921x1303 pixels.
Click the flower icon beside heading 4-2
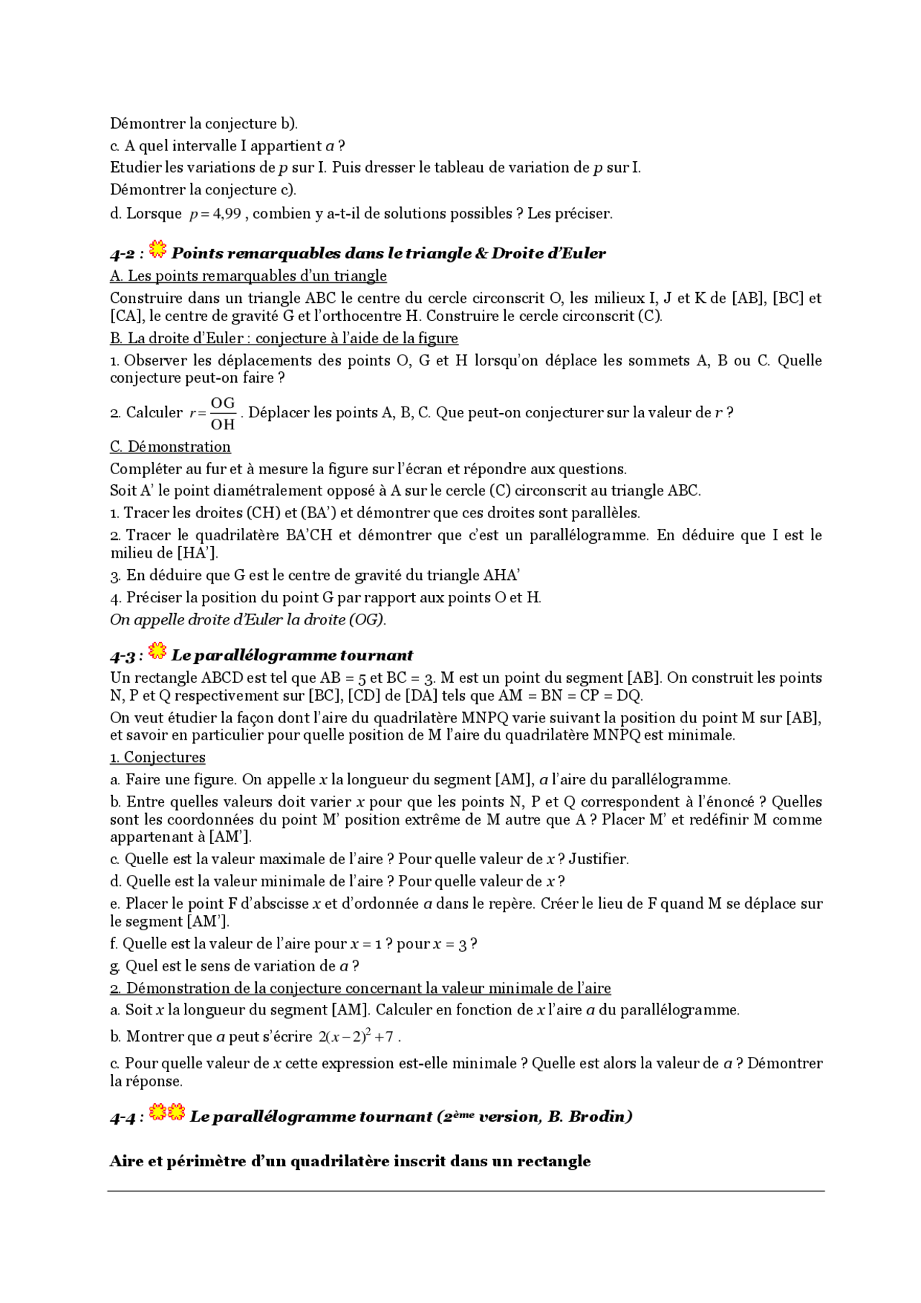pos(158,250)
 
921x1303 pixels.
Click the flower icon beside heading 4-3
pos(158,651)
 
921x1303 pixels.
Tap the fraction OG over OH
pos(222,414)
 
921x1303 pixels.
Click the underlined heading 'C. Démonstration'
pos(170,447)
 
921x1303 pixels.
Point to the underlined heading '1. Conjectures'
pos(158,757)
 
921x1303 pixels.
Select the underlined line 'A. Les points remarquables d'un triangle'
pos(248,276)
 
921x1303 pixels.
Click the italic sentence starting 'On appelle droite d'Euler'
pos(248,619)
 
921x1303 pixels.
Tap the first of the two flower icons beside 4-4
pos(158,1112)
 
